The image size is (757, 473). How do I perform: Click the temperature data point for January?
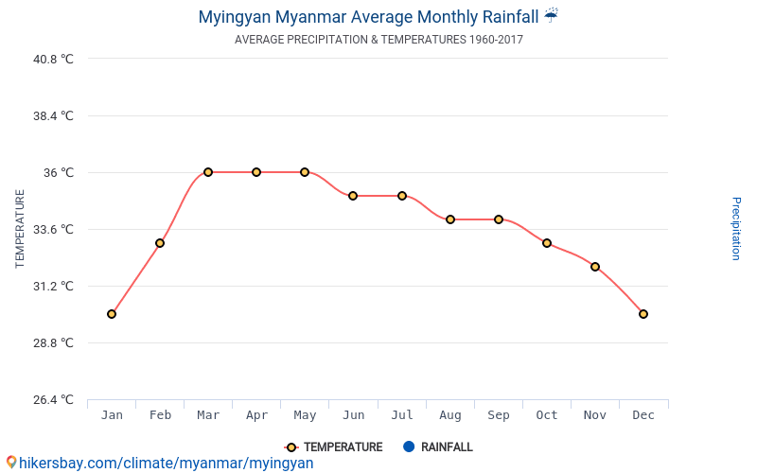(x=112, y=314)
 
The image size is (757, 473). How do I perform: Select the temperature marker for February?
(x=160, y=243)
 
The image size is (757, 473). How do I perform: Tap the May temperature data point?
(x=305, y=172)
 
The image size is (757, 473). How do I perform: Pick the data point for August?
(x=450, y=219)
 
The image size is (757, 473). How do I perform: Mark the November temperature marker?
(x=595, y=267)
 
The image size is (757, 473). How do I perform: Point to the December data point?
(x=643, y=314)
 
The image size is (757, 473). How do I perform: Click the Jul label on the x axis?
(x=402, y=415)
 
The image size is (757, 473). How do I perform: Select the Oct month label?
(x=547, y=415)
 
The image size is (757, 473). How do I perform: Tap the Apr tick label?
(x=256, y=415)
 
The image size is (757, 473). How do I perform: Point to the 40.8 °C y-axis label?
(x=53, y=59)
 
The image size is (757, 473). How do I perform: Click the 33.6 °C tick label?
(x=53, y=229)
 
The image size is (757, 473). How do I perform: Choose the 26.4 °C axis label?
(x=53, y=399)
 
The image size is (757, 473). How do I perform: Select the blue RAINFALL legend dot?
(x=409, y=447)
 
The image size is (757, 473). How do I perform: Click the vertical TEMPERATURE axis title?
(x=20, y=229)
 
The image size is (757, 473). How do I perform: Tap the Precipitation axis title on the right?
(x=736, y=229)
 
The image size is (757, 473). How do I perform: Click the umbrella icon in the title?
(x=552, y=15)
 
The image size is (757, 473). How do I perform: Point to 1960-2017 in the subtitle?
(x=496, y=40)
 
